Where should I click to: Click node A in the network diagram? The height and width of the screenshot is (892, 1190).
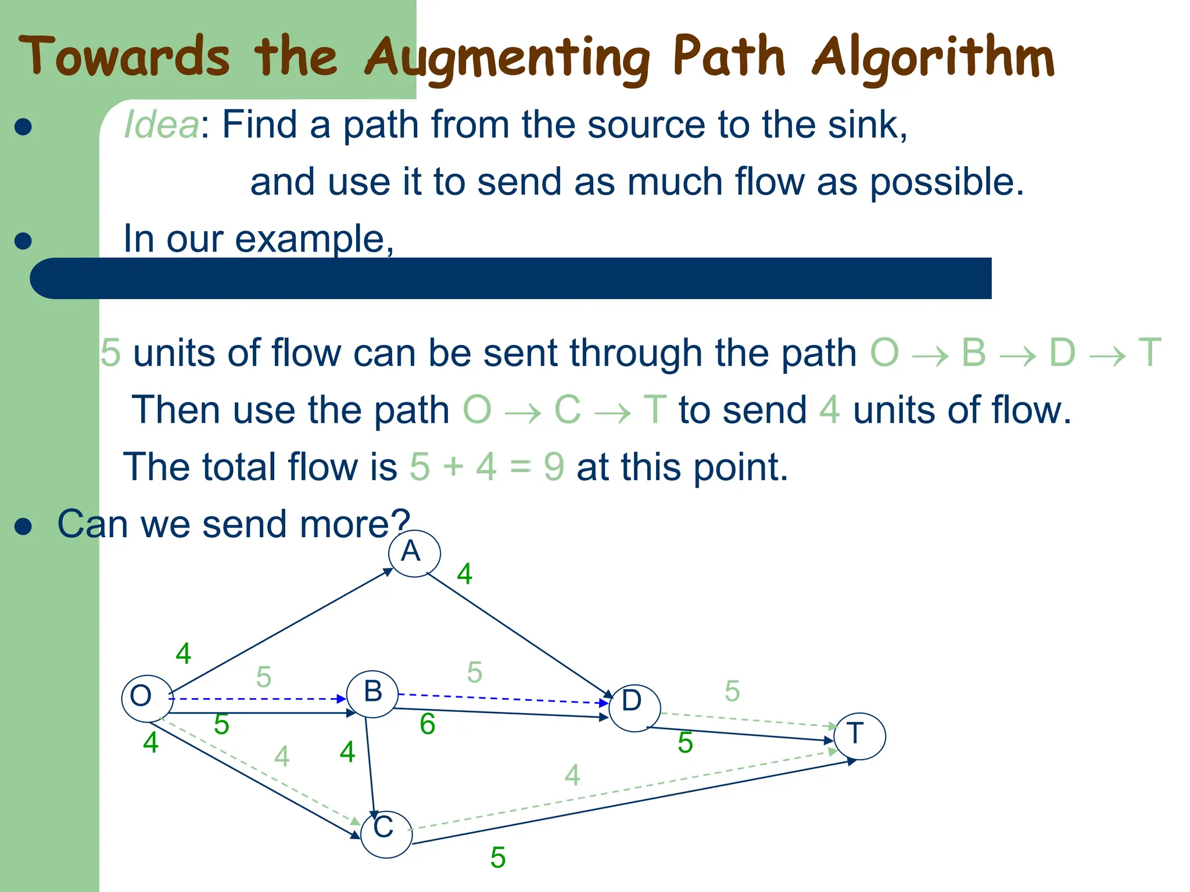coord(414,553)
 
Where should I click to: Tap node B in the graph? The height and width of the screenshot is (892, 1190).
coord(372,693)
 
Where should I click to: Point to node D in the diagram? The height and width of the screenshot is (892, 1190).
coord(634,706)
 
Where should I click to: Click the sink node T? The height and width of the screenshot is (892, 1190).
coord(859,735)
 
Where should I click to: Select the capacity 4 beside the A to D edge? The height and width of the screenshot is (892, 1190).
coord(464,574)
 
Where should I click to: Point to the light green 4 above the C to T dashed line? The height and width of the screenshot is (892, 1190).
coord(572,775)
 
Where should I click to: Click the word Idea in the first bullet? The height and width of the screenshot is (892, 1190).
coord(162,124)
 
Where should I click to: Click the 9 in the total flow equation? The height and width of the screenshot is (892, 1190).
coord(554,467)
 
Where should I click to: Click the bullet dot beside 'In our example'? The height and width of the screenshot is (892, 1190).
coord(23,240)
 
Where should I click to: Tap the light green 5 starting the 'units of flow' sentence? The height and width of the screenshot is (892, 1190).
coord(110,353)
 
